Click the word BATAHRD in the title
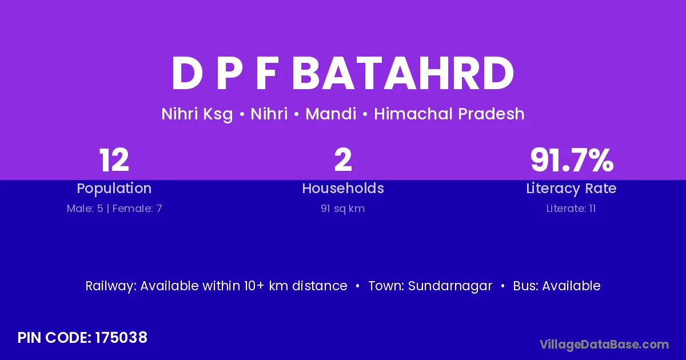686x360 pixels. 403,73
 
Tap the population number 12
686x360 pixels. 114,160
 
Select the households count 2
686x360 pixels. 343,160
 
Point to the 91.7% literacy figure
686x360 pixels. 572,160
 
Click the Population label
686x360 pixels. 114,189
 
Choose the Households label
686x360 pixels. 343,188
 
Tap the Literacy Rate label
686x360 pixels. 571,189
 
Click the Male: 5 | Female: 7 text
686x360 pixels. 114,209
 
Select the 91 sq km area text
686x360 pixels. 342,209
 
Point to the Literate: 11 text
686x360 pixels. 571,209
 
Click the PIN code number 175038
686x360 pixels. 121,338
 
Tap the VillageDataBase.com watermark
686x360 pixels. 604,345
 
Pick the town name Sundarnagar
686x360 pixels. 450,286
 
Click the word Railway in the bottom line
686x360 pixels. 111,286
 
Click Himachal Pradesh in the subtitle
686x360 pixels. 449,114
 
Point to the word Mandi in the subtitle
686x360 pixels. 331,114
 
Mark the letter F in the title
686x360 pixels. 267,74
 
